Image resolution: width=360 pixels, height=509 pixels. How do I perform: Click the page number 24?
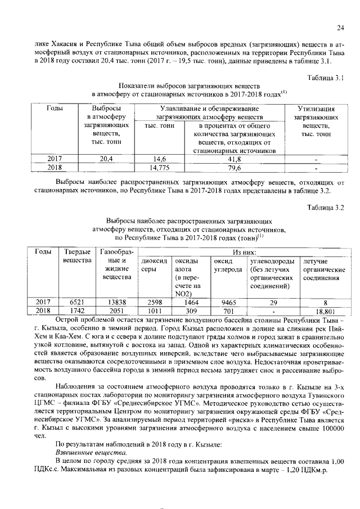(x=340, y=28)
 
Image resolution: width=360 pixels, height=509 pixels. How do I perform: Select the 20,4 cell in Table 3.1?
(x=106, y=159)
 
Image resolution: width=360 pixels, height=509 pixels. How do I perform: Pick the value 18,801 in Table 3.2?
(x=322, y=310)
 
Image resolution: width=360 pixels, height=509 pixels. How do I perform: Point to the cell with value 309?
(x=190, y=310)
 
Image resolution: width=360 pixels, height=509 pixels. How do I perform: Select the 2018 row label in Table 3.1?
(x=55, y=168)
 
